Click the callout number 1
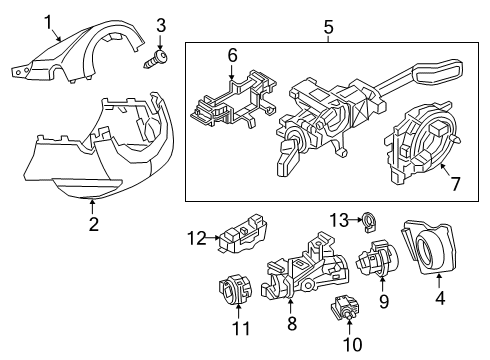(x=49, y=23)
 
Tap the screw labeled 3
(x=156, y=59)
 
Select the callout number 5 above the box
(x=328, y=27)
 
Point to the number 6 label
(x=232, y=55)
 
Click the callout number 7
(x=455, y=184)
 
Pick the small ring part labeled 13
(x=369, y=222)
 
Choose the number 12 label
(x=197, y=238)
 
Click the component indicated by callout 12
(x=243, y=233)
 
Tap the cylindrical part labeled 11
(x=235, y=288)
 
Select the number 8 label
(x=292, y=323)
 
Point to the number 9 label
(x=384, y=302)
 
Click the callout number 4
(x=440, y=298)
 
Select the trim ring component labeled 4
(x=429, y=247)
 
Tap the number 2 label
(x=94, y=224)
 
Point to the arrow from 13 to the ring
(x=356, y=220)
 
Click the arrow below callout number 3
(x=160, y=43)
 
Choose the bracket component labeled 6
(x=232, y=102)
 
